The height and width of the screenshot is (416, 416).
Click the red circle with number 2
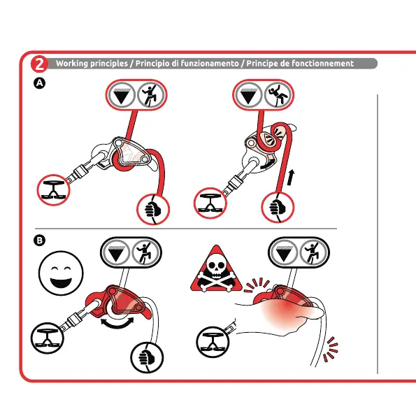pos(39,64)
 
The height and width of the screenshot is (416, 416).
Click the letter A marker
pos(40,83)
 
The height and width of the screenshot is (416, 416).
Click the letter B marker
pos(40,241)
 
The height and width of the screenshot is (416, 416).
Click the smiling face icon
pos(61,273)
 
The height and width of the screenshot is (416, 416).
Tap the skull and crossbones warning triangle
pos(216,268)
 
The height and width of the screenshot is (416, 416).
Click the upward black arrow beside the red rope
pos(291,178)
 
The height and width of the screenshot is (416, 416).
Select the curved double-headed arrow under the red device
pos(117,324)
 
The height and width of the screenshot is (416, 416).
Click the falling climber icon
pos(278,94)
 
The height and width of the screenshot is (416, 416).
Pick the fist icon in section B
pos(147,357)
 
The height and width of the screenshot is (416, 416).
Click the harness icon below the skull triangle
pos(213,342)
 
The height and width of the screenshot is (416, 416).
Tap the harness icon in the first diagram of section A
pos(54,190)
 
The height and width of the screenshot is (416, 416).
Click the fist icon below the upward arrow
pos(278,207)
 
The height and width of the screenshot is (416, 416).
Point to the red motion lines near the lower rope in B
pos(331,350)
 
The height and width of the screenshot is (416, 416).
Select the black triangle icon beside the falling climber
pos(248,95)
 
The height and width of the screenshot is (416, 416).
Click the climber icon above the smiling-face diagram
pos(145,252)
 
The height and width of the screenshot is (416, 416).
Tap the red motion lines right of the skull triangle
pos(256,285)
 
